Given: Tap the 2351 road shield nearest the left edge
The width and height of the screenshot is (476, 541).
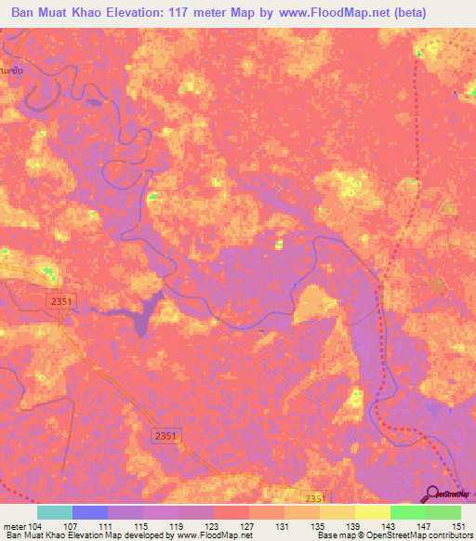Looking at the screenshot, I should [59, 299].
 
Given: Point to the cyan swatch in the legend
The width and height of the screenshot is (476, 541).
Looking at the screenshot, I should [54, 512].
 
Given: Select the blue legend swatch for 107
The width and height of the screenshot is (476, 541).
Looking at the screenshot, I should [89, 512].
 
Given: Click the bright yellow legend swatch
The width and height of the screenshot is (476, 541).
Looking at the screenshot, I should [372, 512].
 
